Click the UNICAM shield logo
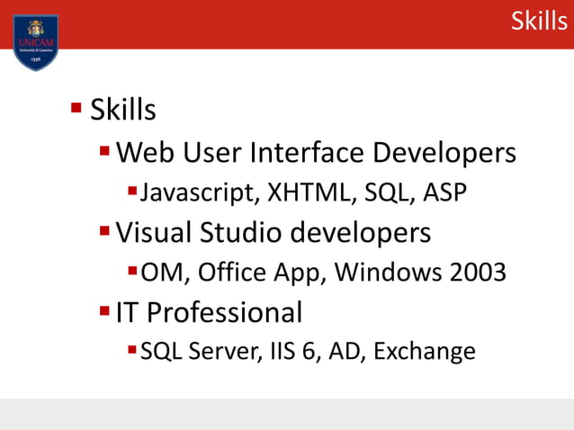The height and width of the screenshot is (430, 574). pos(36,40)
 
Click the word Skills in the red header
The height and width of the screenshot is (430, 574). pos(539,21)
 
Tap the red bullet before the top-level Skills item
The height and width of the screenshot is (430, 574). pos(76,109)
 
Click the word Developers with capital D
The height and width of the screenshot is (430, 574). pos(444,152)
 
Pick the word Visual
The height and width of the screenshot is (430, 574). pos(154,232)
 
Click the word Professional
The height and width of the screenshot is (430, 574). pos(225,312)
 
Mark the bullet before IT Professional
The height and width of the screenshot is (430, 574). pos(104,311)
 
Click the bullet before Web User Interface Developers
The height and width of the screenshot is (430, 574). pos(104,151)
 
